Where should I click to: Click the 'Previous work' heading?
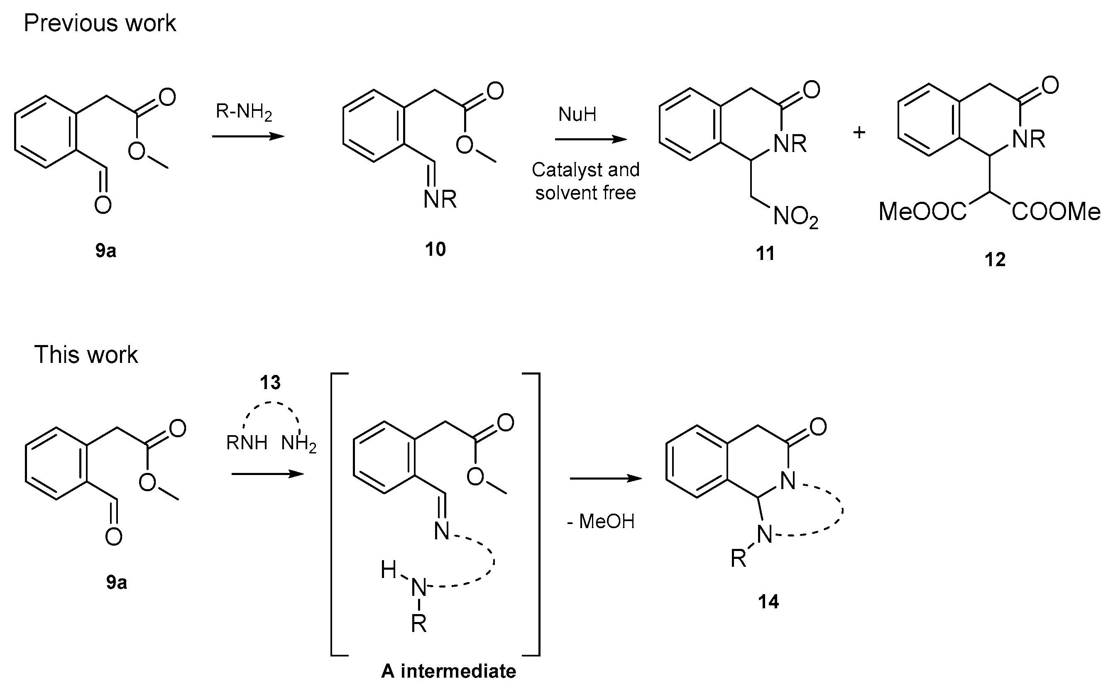[100, 23]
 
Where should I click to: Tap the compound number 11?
[765, 253]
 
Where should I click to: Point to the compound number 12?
[995, 260]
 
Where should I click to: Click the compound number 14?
[768, 601]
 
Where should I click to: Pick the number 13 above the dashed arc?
[270, 382]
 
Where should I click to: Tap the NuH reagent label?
[577, 114]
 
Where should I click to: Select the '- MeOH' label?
[601, 522]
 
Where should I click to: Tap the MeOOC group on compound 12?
[922, 212]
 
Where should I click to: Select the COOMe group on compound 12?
[1056, 212]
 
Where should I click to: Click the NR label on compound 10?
[440, 199]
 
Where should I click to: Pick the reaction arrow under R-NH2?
[248, 136]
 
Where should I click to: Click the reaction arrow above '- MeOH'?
[605, 478]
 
